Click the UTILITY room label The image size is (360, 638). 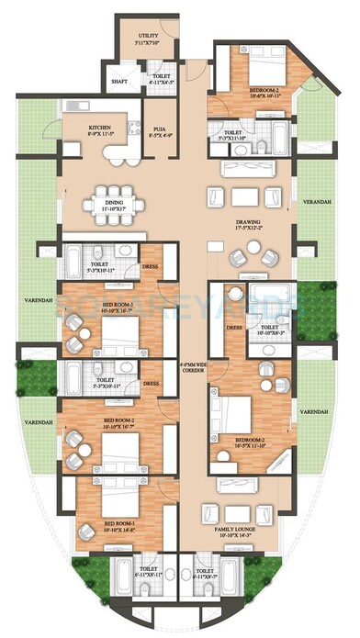(x=148, y=36)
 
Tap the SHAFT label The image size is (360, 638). (x=118, y=81)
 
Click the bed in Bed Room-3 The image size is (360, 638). (x=119, y=336)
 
